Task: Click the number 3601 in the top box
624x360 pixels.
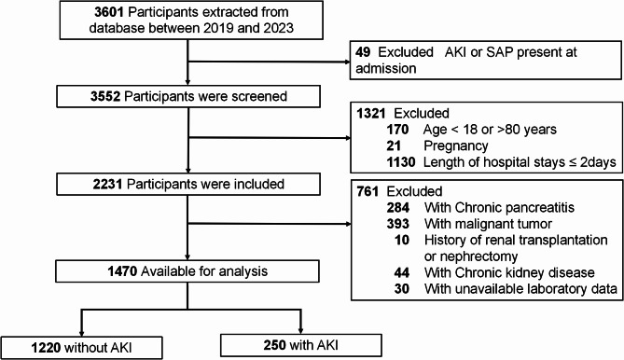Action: [x=109, y=12]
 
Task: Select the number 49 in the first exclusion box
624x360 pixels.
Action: [x=363, y=52]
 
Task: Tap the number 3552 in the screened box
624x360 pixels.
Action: [x=105, y=96]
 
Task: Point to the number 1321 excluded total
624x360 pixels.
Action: [x=371, y=114]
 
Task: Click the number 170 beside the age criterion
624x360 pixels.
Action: [x=397, y=130]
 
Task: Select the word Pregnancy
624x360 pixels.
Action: [x=456, y=146]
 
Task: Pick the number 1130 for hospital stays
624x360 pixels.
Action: [x=401, y=162]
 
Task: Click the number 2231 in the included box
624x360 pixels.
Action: [x=107, y=184]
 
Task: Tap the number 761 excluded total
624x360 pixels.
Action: [x=367, y=191]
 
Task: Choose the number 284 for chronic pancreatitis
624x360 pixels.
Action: [x=398, y=208]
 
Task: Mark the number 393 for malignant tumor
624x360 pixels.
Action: [x=398, y=224]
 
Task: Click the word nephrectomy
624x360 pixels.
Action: [x=471, y=256]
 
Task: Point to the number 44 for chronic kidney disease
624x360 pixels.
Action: [x=401, y=272]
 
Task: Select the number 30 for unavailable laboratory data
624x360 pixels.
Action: [x=401, y=289]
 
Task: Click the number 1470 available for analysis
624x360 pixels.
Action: [x=122, y=271]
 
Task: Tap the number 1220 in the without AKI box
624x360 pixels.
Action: [x=46, y=348]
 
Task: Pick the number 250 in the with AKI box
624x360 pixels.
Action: [x=274, y=345]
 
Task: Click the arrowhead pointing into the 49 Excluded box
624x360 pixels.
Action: [x=347, y=62]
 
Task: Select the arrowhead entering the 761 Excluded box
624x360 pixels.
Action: [x=349, y=224]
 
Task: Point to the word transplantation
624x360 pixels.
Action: [x=560, y=241]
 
